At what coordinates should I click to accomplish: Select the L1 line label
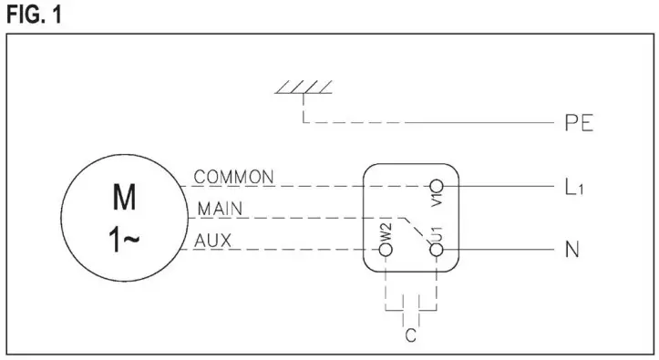[573, 189]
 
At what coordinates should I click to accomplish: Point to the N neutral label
[572, 249]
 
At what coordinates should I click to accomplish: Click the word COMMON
[234, 176]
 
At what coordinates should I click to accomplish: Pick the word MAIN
[219, 209]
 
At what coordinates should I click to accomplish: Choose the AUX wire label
[213, 240]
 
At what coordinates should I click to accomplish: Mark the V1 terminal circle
[437, 186]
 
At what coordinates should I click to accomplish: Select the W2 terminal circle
[386, 248]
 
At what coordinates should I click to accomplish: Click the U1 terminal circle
[437, 248]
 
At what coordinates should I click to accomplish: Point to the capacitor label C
[411, 335]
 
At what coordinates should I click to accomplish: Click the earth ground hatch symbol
[304, 88]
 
